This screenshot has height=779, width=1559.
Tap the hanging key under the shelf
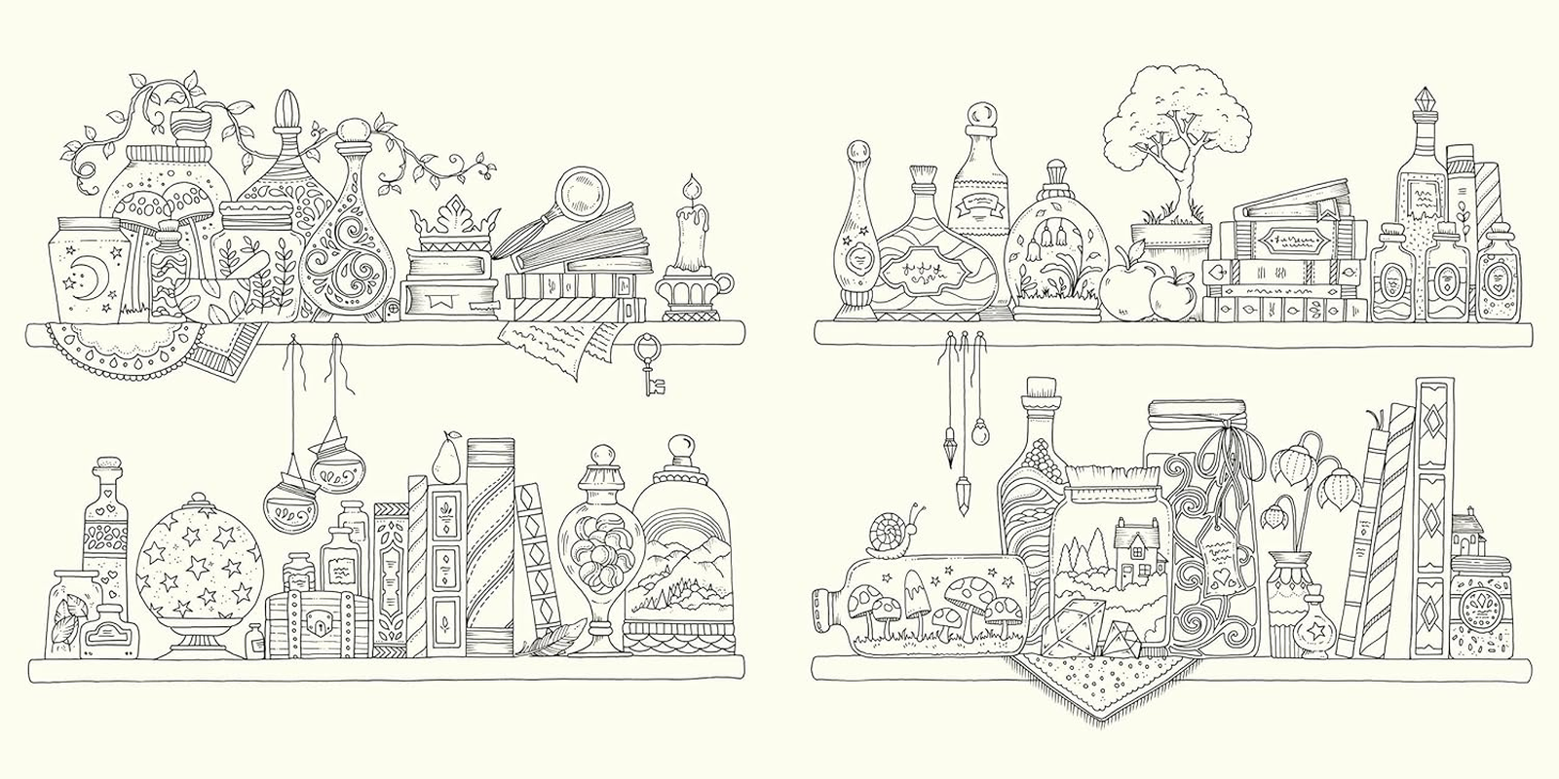coord(648,365)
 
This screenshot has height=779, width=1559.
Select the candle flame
coord(693,185)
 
